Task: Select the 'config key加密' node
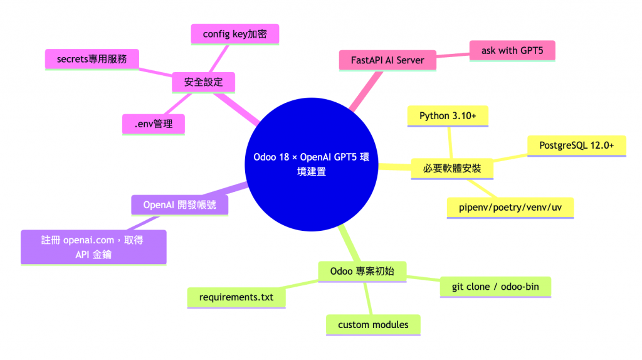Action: pyautogui.click(x=234, y=34)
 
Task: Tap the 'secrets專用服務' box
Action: pyautogui.click(x=92, y=59)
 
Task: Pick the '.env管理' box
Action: pyautogui.click(x=153, y=124)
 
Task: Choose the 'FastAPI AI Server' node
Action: pyautogui.click(x=387, y=60)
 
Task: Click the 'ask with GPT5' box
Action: pyautogui.click(x=512, y=50)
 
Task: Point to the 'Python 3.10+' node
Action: pyautogui.click(x=448, y=115)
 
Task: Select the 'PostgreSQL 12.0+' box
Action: pyautogui.click(x=576, y=146)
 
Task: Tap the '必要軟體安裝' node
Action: pyautogui.click(x=451, y=168)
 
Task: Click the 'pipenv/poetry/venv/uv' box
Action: pyautogui.click(x=510, y=206)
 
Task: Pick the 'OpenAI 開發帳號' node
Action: pyautogui.click(x=179, y=204)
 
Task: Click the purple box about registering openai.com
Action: pyautogui.click(x=93, y=246)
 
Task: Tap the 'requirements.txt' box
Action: pyautogui.click(x=236, y=297)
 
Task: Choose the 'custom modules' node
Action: pyautogui.click(x=373, y=324)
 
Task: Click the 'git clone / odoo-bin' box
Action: pyautogui.click(x=495, y=287)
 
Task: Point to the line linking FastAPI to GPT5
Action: pyautogui.click(x=452, y=55)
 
